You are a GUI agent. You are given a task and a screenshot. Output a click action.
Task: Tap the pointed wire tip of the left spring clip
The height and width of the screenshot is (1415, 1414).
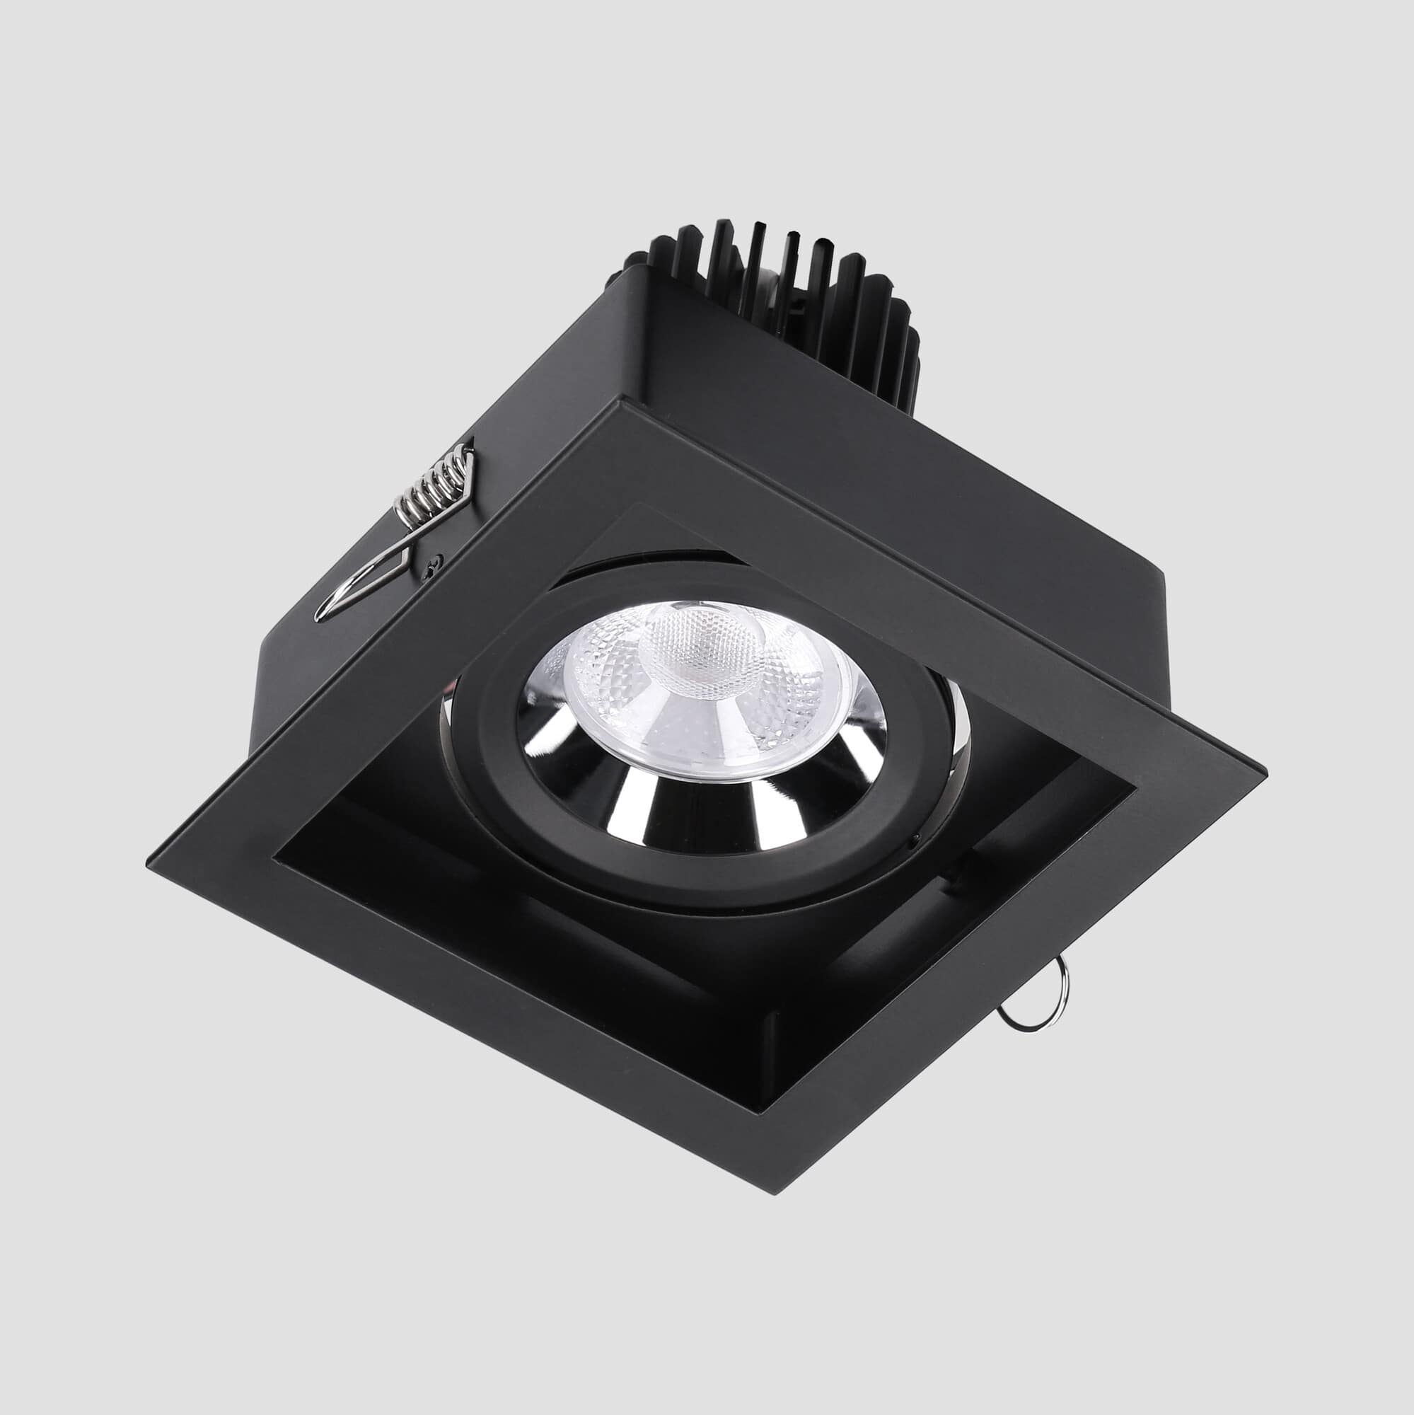[x=319, y=618]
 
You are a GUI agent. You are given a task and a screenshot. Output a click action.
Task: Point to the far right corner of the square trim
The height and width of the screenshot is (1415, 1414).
[x=1264, y=771]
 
